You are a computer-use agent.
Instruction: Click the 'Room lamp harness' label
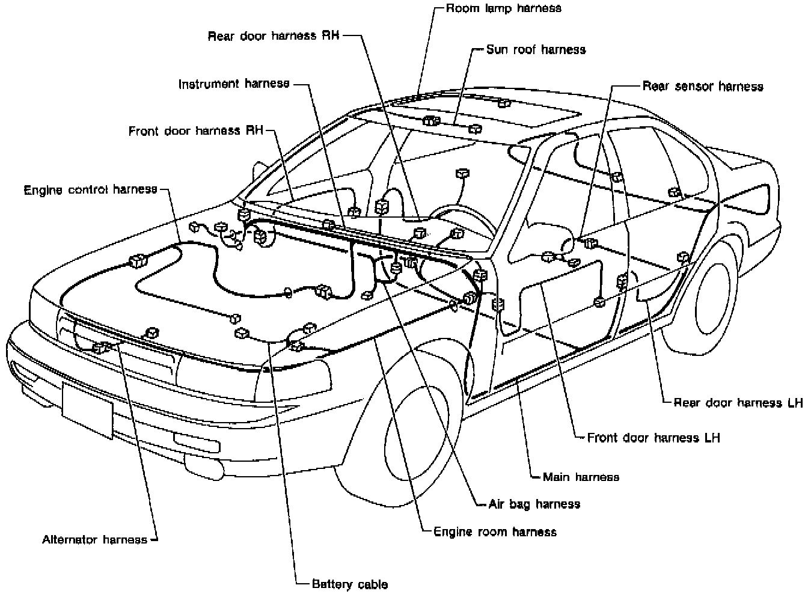click(504, 8)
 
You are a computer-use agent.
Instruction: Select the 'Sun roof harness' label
click(536, 49)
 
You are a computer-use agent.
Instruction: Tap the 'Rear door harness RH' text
click(274, 35)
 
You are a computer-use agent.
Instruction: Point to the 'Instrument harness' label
click(234, 84)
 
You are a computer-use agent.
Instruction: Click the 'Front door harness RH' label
click(196, 130)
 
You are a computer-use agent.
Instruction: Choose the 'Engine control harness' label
click(91, 190)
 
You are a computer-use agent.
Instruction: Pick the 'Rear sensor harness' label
click(703, 87)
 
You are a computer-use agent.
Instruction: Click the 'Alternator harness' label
click(95, 539)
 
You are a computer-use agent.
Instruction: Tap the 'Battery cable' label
click(350, 584)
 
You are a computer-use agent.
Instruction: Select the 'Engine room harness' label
click(495, 531)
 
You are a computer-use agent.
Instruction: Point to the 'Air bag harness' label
click(534, 504)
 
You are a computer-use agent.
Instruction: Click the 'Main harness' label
click(581, 477)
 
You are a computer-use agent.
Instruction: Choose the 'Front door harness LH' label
click(653, 438)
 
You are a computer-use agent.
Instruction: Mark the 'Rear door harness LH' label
click(738, 402)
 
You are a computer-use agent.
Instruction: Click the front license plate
click(87, 411)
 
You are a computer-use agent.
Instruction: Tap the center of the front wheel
click(417, 433)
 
